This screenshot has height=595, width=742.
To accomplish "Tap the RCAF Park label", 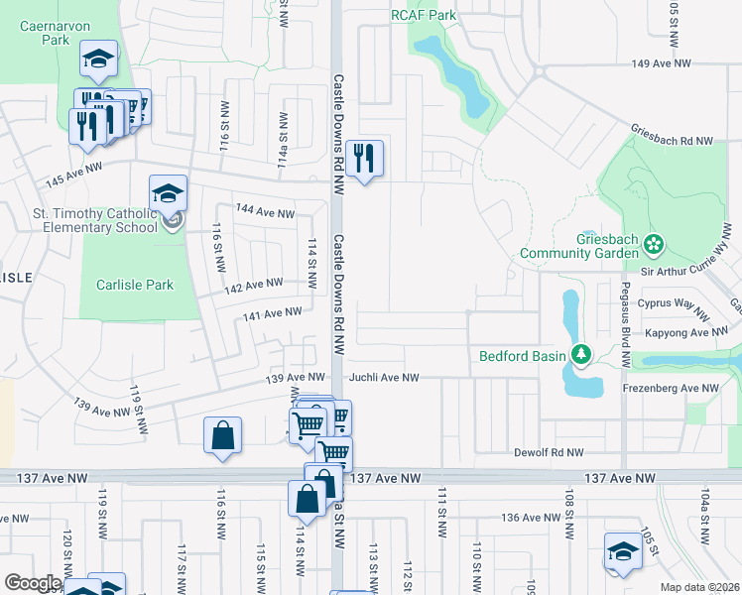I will [x=424, y=15].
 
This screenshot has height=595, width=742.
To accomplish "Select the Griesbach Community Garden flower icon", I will [x=654, y=244].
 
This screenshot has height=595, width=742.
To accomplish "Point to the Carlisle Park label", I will [x=135, y=285].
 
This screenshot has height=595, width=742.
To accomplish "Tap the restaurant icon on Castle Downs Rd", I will [x=364, y=159].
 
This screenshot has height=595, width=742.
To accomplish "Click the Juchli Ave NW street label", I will [x=384, y=378].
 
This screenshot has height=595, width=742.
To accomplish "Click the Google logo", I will [x=33, y=583].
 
